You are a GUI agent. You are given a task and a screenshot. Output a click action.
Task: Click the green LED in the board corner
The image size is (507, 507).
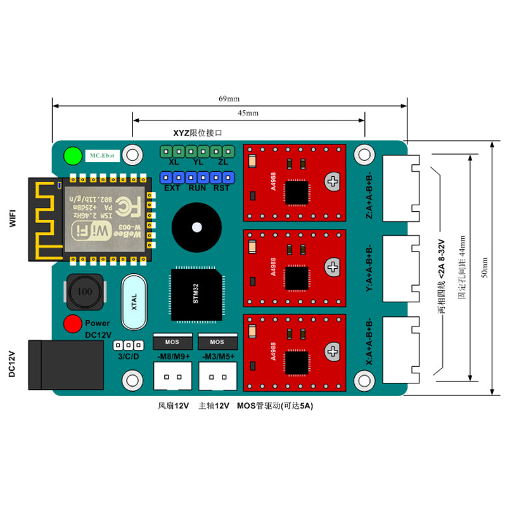point(73,155)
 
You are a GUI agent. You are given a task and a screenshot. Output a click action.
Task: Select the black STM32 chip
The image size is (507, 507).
point(196,294)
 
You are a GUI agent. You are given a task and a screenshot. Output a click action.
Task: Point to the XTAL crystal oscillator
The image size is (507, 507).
point(134,303)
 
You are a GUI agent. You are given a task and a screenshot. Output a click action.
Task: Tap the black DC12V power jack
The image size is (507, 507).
point(44,364)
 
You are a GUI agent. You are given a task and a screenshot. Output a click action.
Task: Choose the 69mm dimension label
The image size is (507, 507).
point(229,99)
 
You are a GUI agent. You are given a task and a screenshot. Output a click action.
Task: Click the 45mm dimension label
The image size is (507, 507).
point(248,113)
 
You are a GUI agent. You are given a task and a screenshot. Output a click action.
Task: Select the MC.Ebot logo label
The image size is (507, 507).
point(102,155)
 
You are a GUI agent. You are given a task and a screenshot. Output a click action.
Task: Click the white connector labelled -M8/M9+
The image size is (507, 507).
point(172,378)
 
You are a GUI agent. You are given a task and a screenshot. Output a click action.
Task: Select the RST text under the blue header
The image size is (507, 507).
point(221,188)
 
